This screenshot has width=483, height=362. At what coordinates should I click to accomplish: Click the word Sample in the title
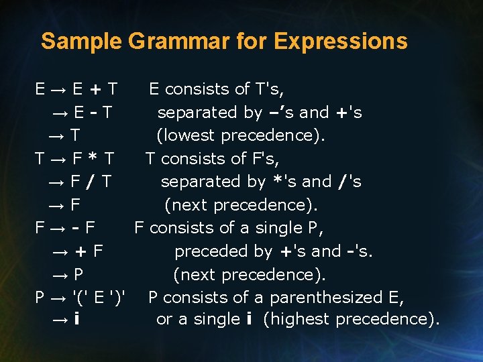(80, 42)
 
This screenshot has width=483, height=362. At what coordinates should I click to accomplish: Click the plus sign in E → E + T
(97, 89)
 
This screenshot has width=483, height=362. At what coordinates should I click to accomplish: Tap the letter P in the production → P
(78, 274)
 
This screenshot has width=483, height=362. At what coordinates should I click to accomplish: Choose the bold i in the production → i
(78, 320)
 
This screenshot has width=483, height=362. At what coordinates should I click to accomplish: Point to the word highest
(299, 320)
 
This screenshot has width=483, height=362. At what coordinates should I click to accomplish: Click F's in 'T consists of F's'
(266, 159)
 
